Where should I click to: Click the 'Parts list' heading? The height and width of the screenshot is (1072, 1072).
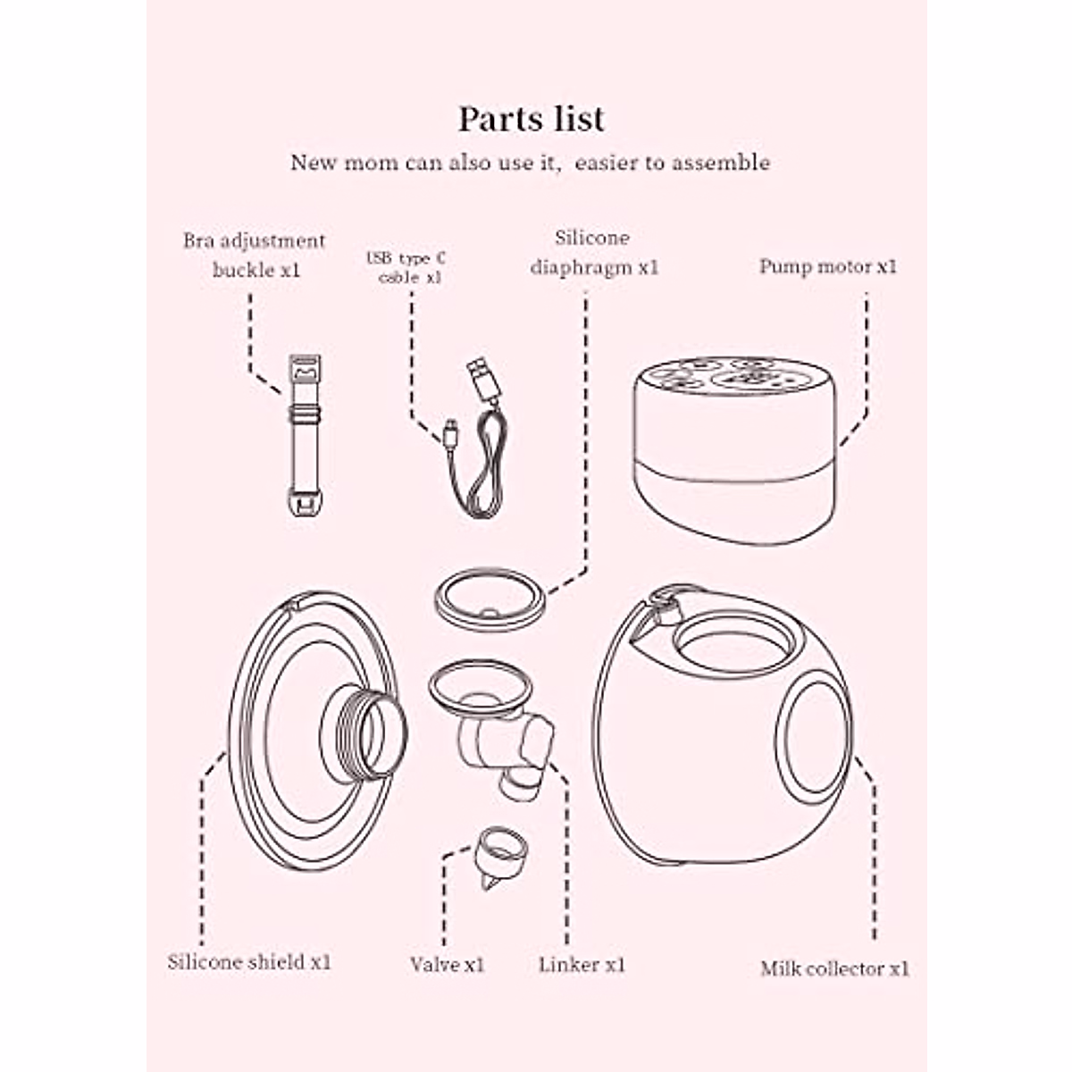[x=532, y=119]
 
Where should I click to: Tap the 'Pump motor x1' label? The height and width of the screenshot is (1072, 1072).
[x=827, y=266]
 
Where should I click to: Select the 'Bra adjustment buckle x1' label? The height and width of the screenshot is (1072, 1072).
[x=255, y=255]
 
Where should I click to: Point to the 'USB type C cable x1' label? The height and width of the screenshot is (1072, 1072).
[x=406, y=268]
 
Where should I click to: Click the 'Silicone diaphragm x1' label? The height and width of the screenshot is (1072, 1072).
[x=593, y=253]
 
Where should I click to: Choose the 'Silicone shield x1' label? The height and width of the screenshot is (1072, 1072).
[x=249, y=962]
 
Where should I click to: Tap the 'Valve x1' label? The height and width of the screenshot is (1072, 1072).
[x=447, y=965]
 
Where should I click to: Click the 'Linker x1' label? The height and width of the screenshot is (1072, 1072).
[x=582, y=965]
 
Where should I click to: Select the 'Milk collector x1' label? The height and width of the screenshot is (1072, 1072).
[x=834, y=968]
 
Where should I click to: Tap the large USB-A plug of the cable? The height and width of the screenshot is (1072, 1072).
[x=483, y=382]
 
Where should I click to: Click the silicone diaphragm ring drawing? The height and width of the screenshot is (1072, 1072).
[x=490, y=601]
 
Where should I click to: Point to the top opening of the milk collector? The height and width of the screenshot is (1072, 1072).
[x=732, y=644]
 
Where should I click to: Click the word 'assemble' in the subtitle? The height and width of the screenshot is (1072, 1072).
[x=721, y=163]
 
